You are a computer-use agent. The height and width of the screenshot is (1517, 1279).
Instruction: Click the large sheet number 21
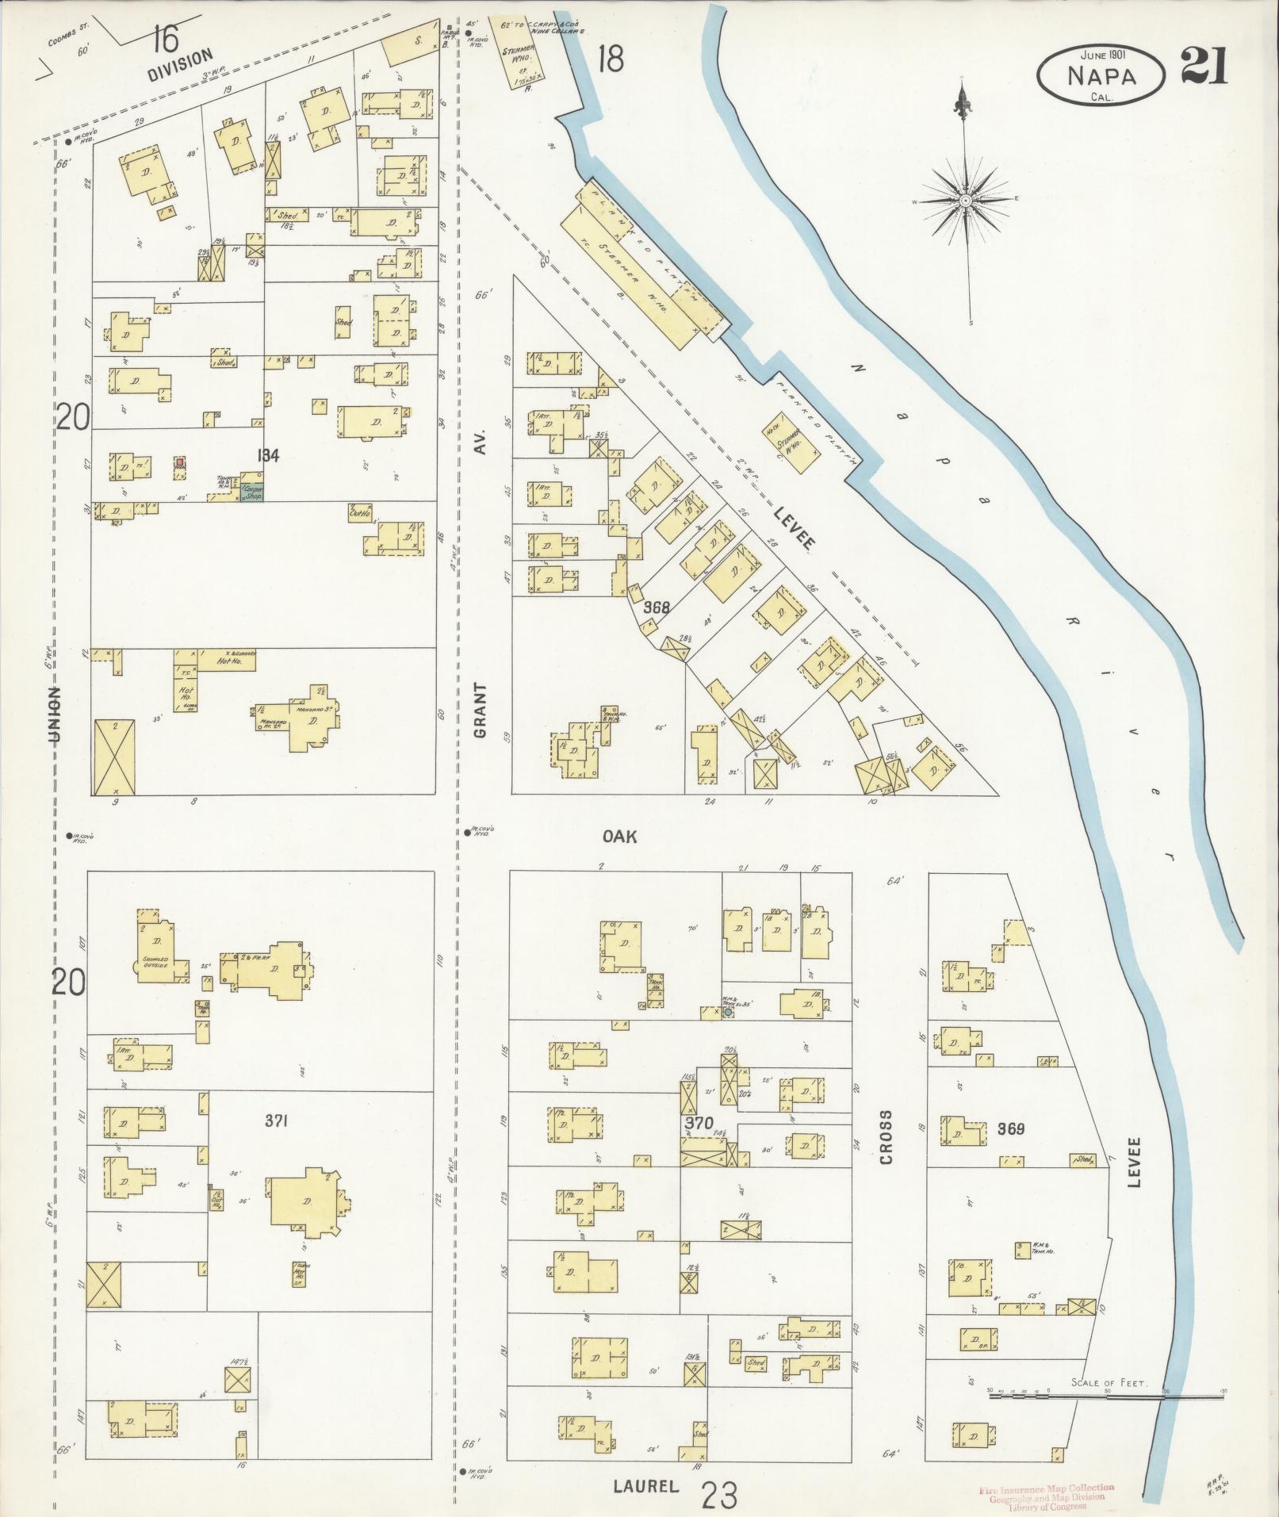tap(1203, 66)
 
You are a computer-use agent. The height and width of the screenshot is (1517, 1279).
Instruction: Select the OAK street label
tap(620, 837)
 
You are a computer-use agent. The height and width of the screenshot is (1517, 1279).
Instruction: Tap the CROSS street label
tap(885, 1136)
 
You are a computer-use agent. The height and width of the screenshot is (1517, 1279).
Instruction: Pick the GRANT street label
tap(480, 711)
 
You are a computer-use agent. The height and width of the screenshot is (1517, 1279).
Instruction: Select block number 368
tap(657, 607)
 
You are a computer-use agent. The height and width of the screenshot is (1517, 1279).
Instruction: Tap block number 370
tap(699, 1122)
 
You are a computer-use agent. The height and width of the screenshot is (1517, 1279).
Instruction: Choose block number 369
tap(1010, 1128)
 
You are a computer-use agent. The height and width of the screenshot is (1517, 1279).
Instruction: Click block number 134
tap(270, 455)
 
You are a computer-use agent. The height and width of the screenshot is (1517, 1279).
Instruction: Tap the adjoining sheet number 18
tap(611, 59)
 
